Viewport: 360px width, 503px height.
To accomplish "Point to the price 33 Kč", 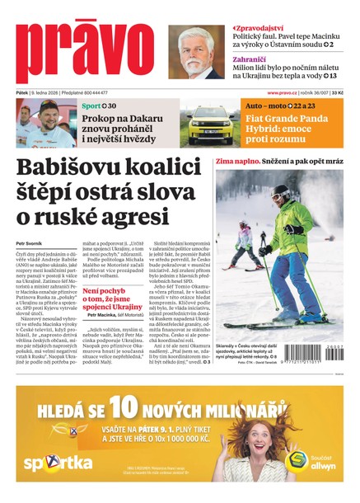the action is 338,92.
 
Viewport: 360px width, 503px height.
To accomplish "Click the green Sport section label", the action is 91,106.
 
